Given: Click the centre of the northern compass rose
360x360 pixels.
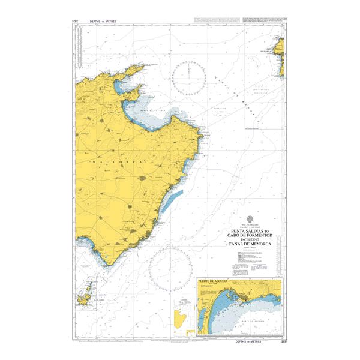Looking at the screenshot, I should click(190, 78).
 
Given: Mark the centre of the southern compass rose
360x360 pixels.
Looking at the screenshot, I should click(170, 266).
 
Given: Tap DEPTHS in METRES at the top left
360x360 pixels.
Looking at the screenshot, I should click(102, 22).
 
